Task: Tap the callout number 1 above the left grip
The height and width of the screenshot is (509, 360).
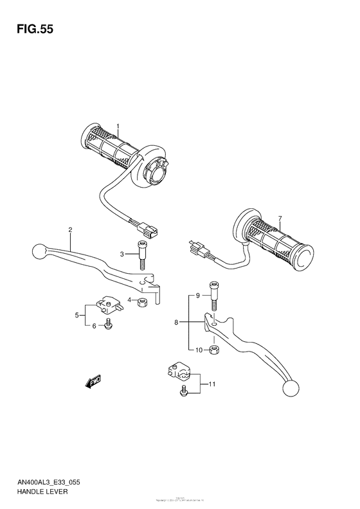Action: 118,126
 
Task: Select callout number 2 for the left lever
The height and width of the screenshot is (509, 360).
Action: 70,229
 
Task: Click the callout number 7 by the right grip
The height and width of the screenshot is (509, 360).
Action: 280,219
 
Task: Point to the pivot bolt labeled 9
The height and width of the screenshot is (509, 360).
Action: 213,296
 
